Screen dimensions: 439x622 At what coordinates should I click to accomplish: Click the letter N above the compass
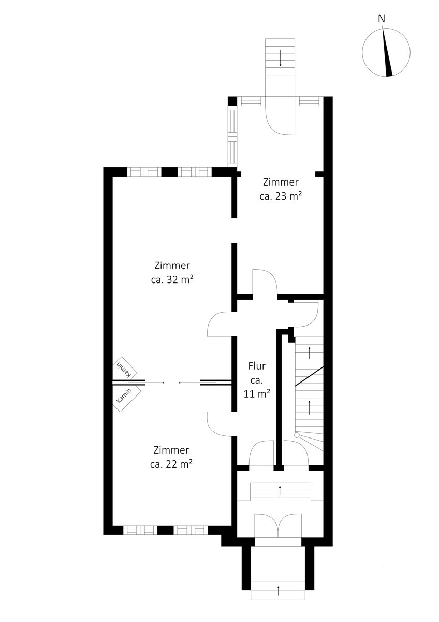[x=382, y=19]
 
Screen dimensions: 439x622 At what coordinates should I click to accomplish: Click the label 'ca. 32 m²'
[x=172, y=279]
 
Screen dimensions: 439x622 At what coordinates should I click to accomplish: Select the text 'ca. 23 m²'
[x=281, y=196]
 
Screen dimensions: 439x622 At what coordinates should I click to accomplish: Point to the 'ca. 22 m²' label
[x=171, y=464]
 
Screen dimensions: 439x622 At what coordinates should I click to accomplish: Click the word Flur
[x=257, y=366]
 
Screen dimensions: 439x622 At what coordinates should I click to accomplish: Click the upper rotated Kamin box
[x=125, y=369]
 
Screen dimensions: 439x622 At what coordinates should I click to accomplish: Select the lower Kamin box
[x=126, y=399]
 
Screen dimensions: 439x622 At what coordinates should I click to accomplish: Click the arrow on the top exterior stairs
[x=281, y=58]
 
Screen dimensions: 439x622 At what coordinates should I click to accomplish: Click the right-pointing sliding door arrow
[x=147, y=383]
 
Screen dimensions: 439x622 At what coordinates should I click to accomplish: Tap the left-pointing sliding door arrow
[x=197, y=383]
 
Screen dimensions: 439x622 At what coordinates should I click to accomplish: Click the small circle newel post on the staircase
[x=297, y=435]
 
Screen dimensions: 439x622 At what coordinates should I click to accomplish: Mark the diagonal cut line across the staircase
[x=309, y=376]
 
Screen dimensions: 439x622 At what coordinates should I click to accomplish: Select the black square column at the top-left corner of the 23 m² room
[x=232, y=102]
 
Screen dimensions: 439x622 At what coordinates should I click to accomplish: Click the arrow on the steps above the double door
[x=280, y=490]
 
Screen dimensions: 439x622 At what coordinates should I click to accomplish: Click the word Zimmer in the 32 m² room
[x=172, y=265]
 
